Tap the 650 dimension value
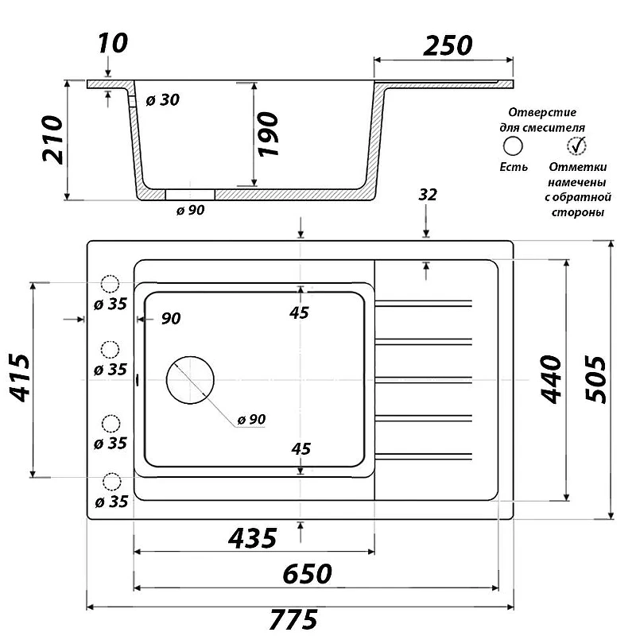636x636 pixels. pos(308,574)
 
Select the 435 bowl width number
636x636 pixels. pos(253,538)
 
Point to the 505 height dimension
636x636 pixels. pos(595,379)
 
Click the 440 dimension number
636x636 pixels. pos(551,379)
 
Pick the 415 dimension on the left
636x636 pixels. pos(19,378)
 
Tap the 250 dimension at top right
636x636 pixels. pos(448,46)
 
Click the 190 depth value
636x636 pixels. pos(268,134)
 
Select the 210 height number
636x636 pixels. pos(52,140)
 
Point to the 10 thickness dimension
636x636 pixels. pos(113,43)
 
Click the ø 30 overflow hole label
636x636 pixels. pos(163,100)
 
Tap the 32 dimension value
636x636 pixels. pos(428,195)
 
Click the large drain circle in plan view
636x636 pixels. pos(190,356)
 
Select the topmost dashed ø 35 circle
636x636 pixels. pos(110,284)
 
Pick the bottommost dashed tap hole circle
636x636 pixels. pos(111,482)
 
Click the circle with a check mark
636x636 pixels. pos(576,145)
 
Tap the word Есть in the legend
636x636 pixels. pos(514,167)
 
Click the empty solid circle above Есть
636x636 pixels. pos(513,137)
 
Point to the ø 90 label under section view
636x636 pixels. pos(191,210)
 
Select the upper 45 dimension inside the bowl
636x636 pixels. pos(300,312)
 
